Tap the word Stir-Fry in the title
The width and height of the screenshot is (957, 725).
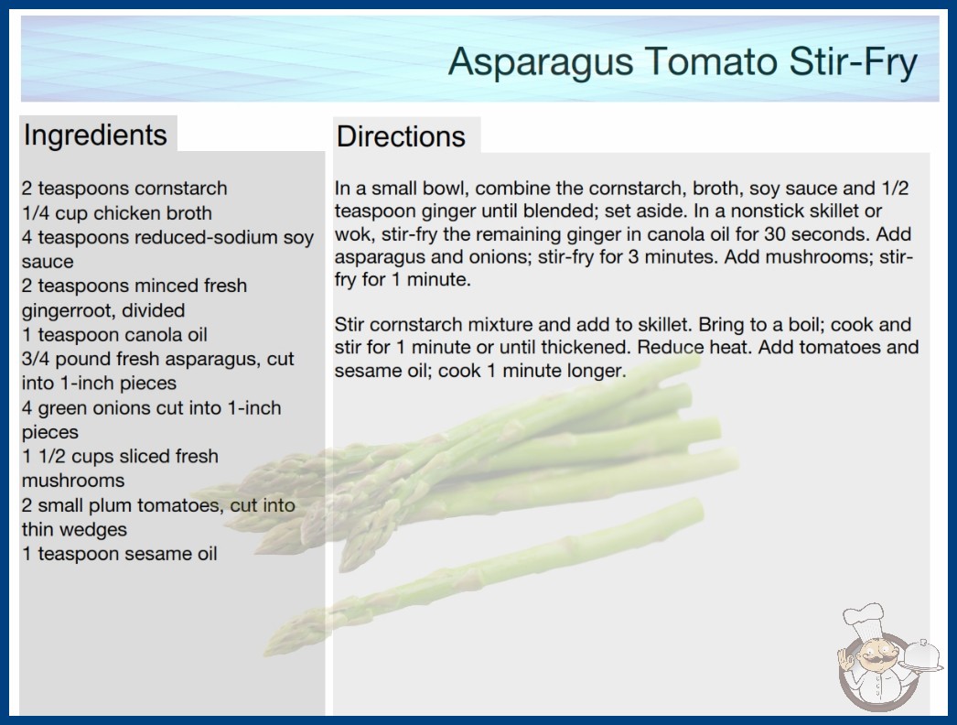click(x=853, y=61)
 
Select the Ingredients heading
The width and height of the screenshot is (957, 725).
click(x=95, y=135)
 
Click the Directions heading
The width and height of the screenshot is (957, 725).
click(x=401, y=136)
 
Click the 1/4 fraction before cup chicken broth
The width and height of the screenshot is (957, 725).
click(x=36, y=213)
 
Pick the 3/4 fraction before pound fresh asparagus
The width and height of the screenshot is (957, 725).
click(x=36, y=359)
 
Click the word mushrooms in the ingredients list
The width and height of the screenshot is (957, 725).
click(x=73, y=481)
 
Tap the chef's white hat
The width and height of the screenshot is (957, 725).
click(x=865, y=620)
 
